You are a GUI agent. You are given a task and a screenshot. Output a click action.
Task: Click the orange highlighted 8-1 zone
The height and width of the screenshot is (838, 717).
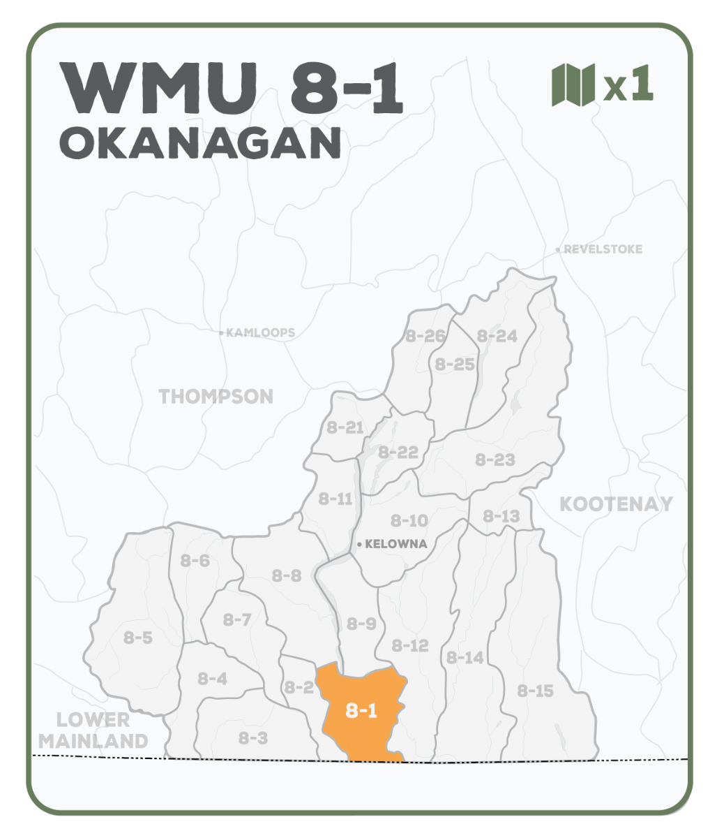(361, 711)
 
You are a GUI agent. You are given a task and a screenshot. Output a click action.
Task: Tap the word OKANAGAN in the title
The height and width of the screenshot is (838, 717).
(200, 143)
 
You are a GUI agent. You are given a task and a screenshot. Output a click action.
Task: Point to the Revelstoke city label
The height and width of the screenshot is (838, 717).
(603, 249)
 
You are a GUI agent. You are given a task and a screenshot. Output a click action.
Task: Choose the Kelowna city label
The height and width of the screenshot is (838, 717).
(395, 544)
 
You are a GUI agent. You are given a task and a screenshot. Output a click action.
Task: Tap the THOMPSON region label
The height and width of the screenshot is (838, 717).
(216, 397)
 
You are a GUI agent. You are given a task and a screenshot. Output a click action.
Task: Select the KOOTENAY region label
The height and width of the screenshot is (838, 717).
(616, 503)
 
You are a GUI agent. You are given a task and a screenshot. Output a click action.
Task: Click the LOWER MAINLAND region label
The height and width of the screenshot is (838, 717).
(93, 730)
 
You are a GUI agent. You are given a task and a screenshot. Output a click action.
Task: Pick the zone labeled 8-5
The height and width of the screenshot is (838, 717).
(138, 638)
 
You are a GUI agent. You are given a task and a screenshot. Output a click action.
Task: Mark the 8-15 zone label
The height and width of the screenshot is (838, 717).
(535, 691)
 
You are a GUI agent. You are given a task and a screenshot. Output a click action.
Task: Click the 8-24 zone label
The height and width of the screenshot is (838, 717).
(497, 336)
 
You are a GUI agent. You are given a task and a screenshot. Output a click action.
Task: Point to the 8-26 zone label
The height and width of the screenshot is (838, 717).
(425, 336)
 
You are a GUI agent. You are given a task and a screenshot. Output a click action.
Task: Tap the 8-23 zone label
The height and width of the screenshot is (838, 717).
(495, 460)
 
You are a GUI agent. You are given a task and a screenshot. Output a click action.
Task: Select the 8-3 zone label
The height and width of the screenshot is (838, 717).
(252, 737)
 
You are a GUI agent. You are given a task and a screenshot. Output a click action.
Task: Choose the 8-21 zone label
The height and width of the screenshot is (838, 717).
(345, 427)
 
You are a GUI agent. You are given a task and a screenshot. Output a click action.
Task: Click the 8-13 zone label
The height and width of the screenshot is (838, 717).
(501, 516)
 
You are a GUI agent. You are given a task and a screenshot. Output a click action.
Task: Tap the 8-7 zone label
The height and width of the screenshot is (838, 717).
(237, 619)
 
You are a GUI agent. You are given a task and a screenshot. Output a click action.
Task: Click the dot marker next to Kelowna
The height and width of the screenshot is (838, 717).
(358, 544)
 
